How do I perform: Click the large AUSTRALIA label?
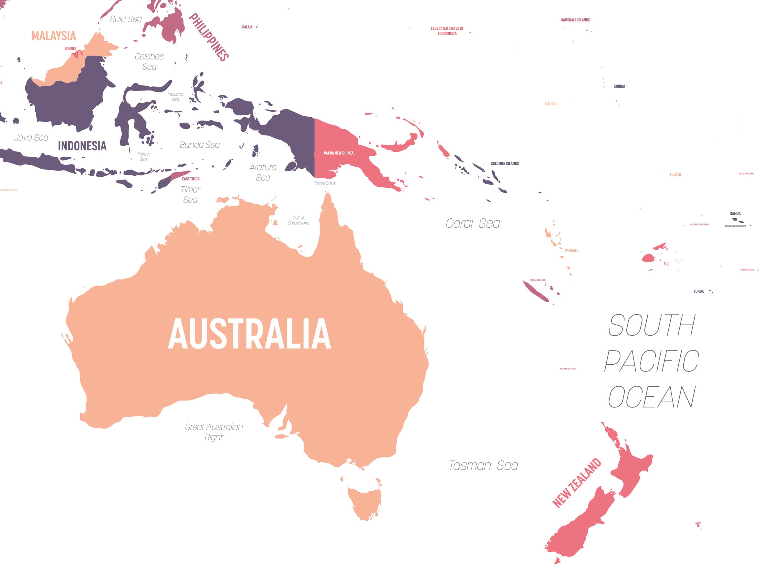pos(249,334)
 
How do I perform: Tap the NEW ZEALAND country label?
pos(576,483)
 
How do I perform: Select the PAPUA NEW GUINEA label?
pos(338,153)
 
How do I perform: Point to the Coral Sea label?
pos(473,224)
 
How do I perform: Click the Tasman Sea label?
pos(483,465)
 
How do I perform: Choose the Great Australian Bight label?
pos(214,432)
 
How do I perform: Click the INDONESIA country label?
pos(82,146)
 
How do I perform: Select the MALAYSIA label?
pos(54,36)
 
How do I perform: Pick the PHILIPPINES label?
pos(209,37)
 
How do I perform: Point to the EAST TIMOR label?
pos(191,179)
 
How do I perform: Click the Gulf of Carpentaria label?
pos(298,220)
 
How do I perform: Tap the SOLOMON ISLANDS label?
pos(504,163)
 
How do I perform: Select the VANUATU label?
pos(571,250)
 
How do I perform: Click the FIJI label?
pos(666,264)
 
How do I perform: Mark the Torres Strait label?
pos(324,183)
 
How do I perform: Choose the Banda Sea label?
pos(200,145)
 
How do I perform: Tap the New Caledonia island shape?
pos(535,291)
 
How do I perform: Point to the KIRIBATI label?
pos(620,86)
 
